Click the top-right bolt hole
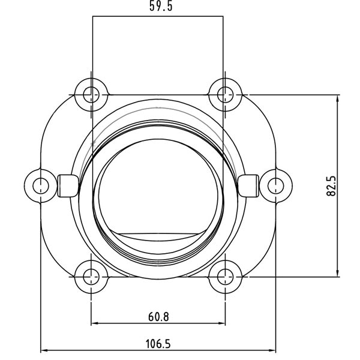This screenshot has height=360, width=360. pos(225,94)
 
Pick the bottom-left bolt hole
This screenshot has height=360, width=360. pos(91,277)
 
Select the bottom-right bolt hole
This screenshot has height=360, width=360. pos(225,277)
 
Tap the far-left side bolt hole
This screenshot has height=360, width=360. pos(41,184)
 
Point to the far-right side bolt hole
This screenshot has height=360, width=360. pos(276,184)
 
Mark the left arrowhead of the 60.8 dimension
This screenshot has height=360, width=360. pos(94,324)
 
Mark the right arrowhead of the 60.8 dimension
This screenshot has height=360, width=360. pos(222,324)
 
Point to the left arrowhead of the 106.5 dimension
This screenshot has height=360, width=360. pos(44,351)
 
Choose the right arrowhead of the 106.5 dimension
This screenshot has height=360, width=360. pos(273,351)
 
